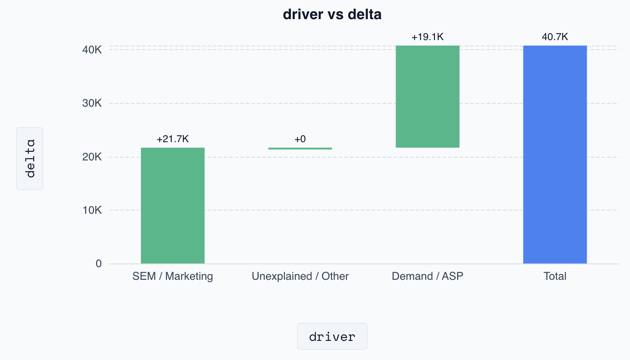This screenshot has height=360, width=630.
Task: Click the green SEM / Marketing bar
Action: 172,205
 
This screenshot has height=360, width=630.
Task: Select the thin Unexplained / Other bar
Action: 300,148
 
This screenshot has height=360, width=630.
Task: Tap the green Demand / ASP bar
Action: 427,96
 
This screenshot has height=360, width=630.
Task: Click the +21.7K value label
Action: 172,139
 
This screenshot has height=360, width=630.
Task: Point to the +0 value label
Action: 300,139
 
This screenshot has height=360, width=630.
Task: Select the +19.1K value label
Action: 427,37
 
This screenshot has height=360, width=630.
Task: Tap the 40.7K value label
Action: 555,37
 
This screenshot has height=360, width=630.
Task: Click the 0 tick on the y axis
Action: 98,263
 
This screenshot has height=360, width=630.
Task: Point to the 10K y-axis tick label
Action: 92,211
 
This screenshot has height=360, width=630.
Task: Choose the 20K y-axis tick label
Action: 92,157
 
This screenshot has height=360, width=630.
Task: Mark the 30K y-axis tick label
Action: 92,103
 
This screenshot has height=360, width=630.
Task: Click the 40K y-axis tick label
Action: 92,50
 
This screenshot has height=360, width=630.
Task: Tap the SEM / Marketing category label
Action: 172,276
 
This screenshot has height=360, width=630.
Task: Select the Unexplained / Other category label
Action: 300,276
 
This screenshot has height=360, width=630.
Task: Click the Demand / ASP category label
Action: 427,276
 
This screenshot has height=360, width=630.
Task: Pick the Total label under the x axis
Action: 555,276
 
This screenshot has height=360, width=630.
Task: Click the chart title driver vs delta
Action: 332,15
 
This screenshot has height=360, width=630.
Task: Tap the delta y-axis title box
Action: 30,159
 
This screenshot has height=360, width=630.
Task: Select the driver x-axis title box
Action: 332,336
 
